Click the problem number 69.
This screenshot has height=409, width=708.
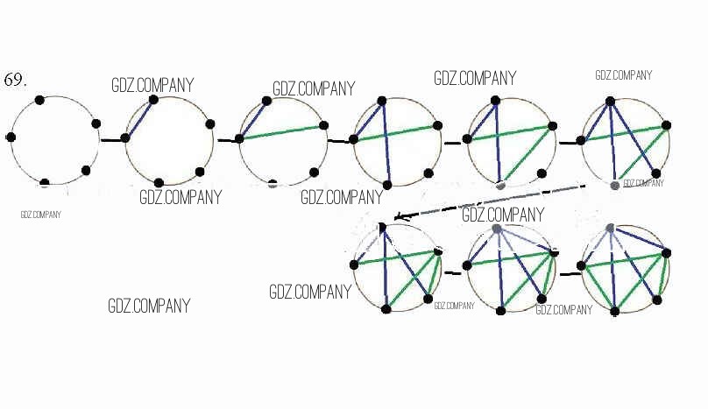coord(16,79)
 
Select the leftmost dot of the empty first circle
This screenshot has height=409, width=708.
coord(11,138)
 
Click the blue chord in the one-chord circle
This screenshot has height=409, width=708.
coord(139,118)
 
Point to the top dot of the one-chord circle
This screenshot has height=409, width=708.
coord(153,100)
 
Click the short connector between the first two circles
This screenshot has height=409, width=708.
coord(110,139)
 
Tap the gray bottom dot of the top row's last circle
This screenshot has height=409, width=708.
coord(614,185)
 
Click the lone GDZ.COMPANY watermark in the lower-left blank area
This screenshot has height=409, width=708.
coord(149,307)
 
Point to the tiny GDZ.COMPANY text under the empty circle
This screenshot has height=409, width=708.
coord(41,214)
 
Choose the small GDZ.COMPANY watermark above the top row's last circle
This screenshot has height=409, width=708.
coord(623,75)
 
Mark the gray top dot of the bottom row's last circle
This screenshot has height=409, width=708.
coord(610,228)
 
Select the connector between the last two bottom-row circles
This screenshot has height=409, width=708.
coord(570,273)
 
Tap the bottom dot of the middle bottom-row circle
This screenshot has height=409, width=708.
coord(501,310)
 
